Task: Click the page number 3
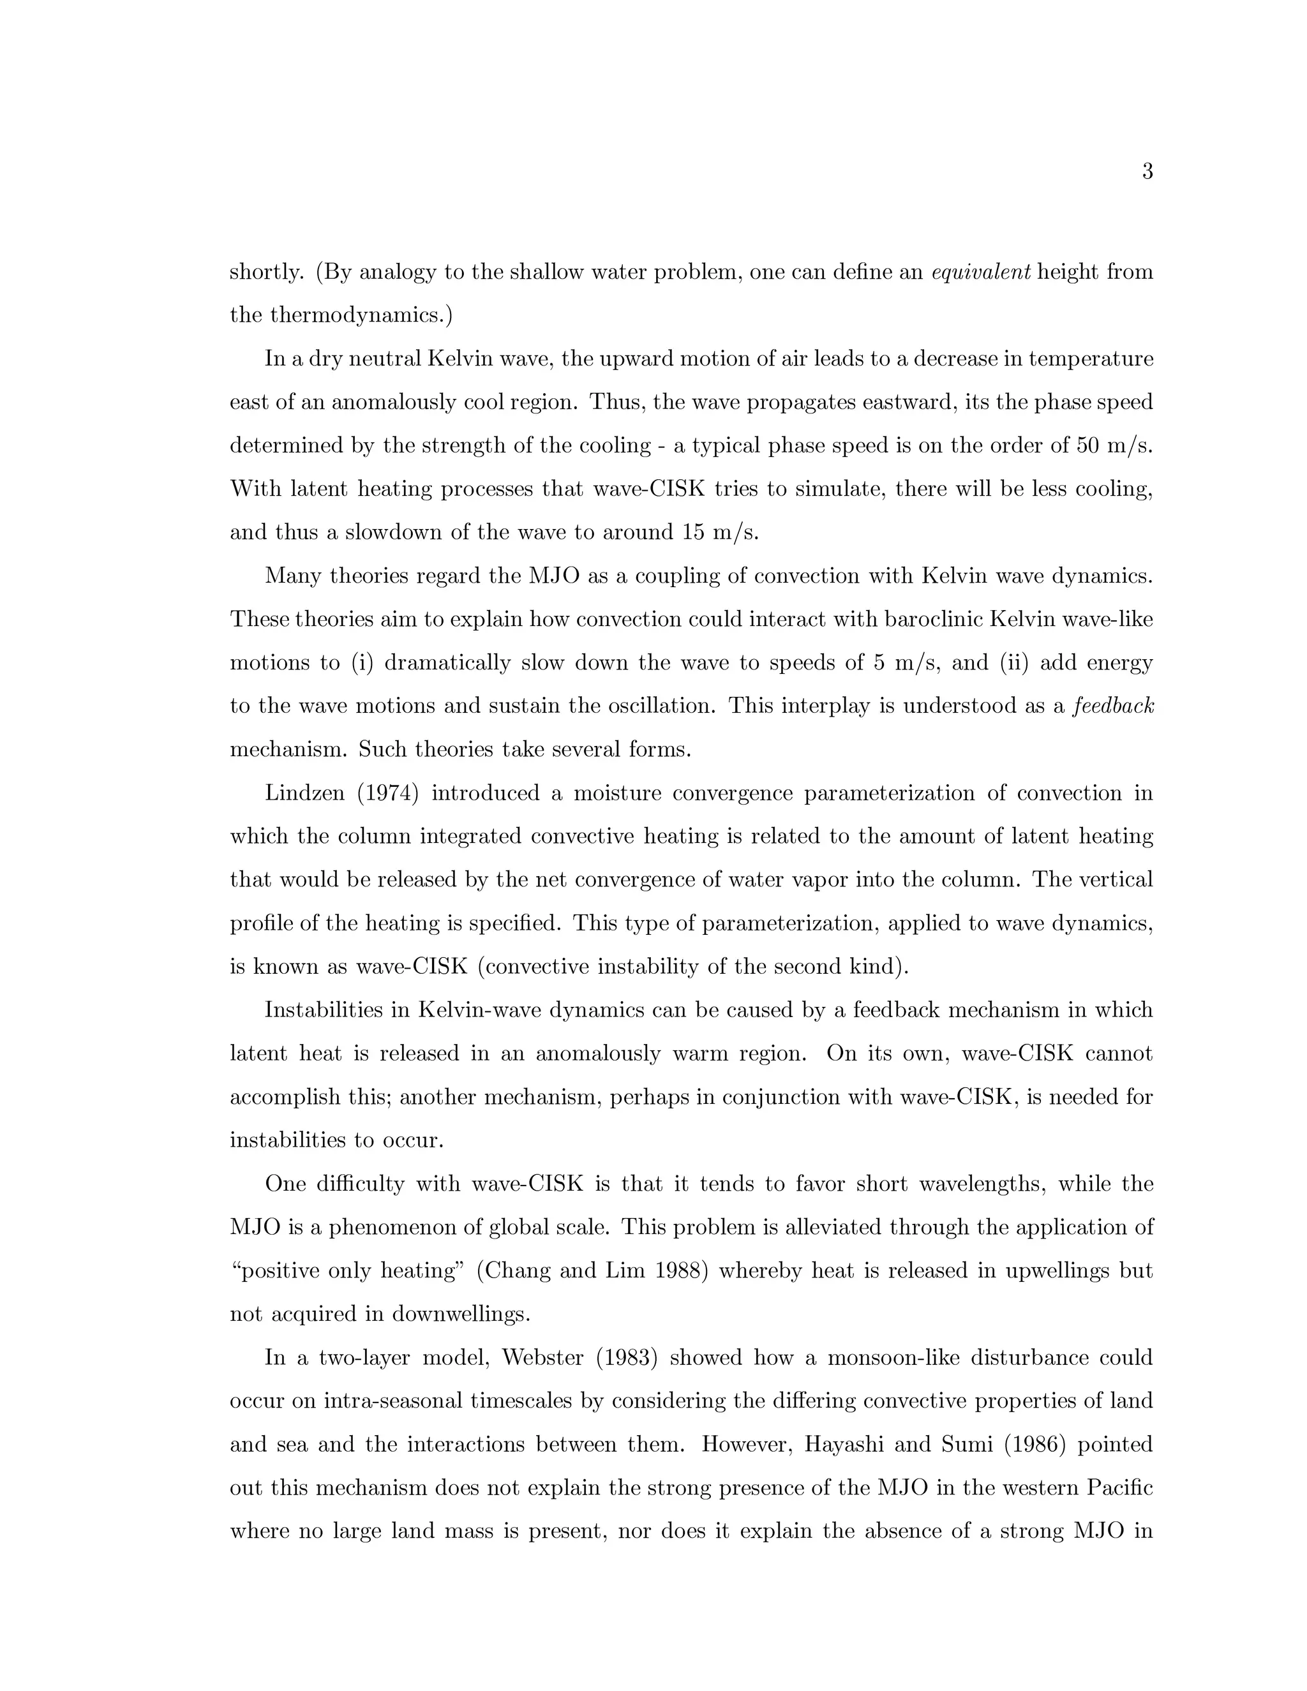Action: click(1147, 172)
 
